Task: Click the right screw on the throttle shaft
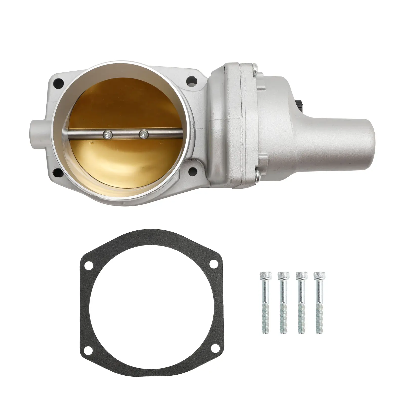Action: [144, 134]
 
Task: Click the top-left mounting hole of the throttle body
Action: [60, 83]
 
